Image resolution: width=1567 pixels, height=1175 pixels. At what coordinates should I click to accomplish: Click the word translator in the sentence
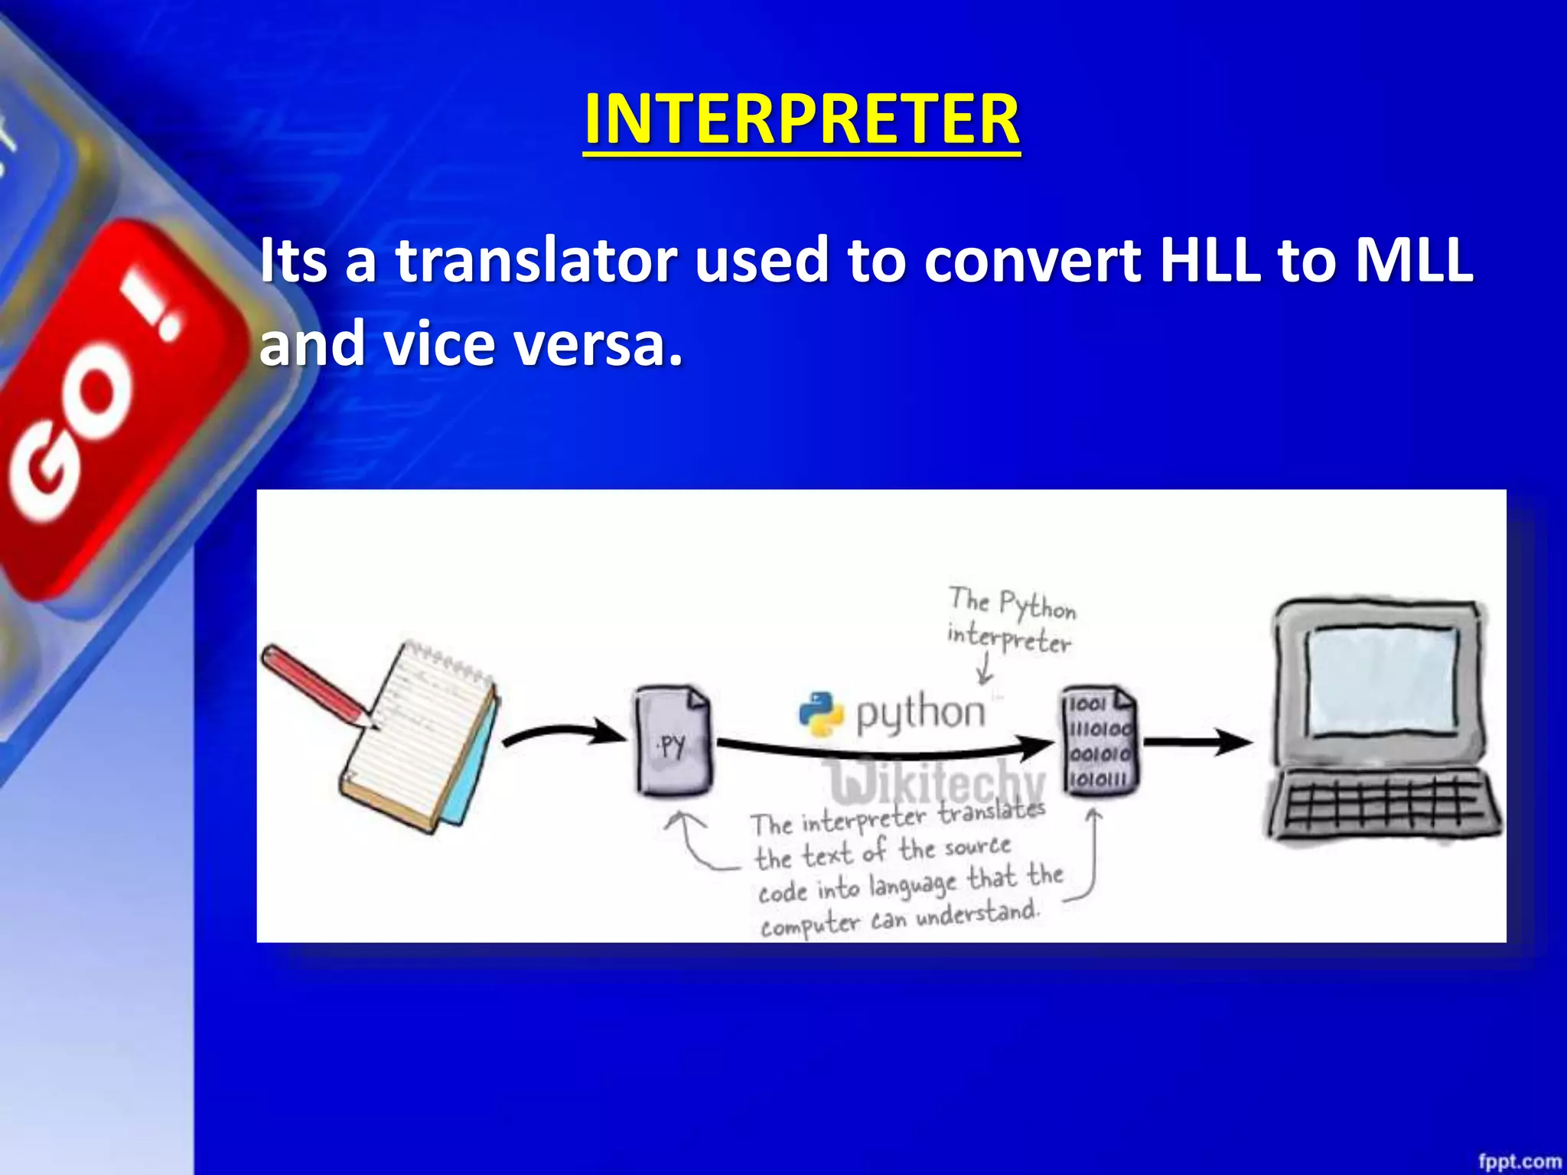536,260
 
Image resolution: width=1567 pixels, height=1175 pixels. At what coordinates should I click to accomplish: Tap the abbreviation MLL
1413,260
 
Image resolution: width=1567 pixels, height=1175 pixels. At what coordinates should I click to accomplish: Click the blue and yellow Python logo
821,714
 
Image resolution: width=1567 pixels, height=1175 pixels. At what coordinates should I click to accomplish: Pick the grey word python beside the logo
920,714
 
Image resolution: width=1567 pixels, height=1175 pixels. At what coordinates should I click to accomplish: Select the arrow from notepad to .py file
565,734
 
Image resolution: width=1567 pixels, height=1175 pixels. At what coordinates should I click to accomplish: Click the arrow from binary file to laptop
1197,740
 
